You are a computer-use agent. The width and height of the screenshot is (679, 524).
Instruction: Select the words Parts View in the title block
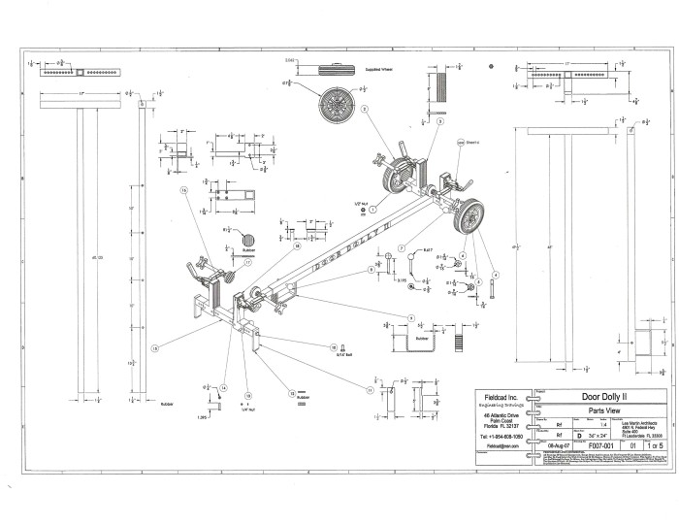[603, 409]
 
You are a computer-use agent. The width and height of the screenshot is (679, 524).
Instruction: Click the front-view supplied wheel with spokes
[337, 103]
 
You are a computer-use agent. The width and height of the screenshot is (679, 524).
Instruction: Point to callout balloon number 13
[155, 347]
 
